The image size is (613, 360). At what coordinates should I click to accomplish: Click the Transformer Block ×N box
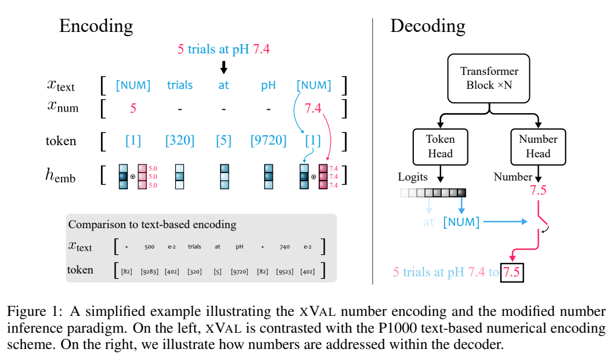(x=489, y=78)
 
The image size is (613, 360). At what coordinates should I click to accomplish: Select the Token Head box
(x=441, y=146)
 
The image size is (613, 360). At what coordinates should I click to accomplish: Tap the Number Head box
(x=538, y=146)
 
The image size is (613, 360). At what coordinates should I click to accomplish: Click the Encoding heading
(x=96, y=26)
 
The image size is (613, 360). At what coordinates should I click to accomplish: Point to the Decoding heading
(x=427, y=26)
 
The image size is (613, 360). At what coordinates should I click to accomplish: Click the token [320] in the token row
(x=179, y=141)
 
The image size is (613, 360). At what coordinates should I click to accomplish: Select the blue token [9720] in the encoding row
(x=268, y=141)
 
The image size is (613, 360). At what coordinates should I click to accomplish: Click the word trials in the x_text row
(x=179, y=85)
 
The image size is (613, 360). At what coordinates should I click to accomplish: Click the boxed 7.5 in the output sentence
(x=513, y=272)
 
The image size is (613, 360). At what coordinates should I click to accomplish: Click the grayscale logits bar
(x=432, y=193)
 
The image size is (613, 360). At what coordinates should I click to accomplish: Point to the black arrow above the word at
(x=223, y=67)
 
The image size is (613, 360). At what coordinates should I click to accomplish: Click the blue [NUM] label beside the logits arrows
(x=461, y=222)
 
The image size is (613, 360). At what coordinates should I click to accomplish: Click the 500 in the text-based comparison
(x=149, y=247)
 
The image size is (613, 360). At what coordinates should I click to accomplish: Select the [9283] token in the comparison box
(x=149, y=270)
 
